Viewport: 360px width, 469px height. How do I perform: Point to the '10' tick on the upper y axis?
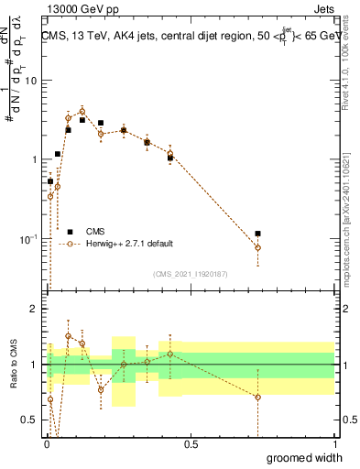click(31, 81)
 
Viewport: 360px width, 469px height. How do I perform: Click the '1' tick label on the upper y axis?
click(35, 159)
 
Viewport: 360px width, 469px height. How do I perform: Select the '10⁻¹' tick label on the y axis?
click(29, 239)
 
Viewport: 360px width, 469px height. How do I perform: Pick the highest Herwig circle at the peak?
click(82, 111)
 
